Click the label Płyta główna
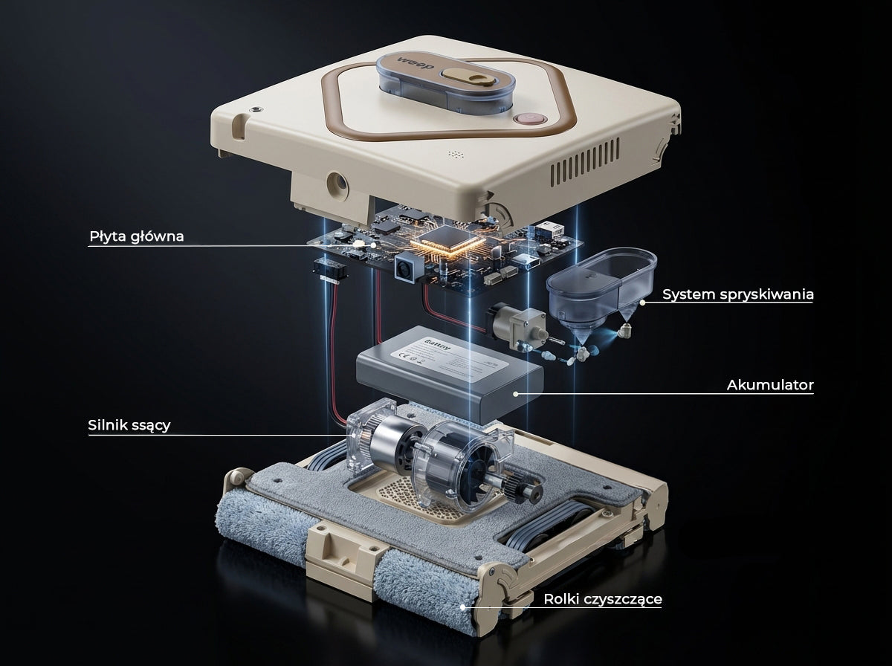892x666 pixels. click(136, 236)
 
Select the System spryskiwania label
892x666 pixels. click(737, 294)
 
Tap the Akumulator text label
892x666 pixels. click(769, 385)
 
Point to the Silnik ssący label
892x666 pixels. click(129, 425)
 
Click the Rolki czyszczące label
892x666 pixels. click(602, 599)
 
